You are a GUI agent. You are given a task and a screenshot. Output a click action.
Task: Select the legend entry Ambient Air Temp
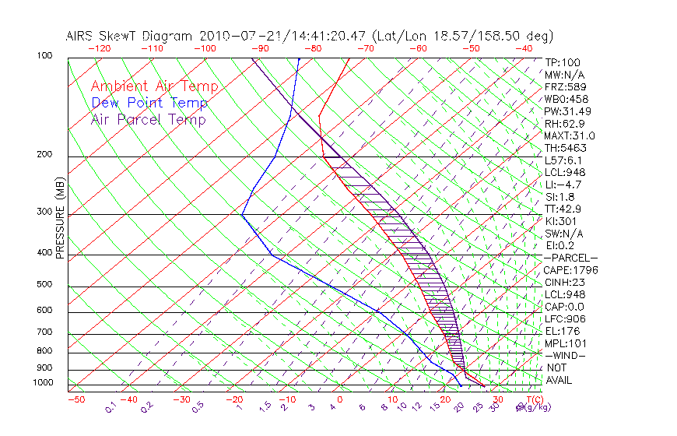point(154,86)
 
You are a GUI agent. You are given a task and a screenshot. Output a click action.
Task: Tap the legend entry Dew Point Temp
point(149,103)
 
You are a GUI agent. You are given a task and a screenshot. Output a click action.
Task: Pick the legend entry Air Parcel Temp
point(148,119)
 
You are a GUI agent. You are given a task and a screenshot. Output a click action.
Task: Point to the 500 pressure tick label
point(45,285)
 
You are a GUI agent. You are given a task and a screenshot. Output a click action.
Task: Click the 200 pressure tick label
point(45,155)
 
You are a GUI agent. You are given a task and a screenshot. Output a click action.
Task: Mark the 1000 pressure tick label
point(43,383)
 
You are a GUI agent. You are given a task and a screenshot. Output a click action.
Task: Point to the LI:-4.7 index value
point(563,185)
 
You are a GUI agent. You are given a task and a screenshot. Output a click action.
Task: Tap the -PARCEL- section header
point(570,258)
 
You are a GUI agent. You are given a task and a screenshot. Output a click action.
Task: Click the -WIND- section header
point(567,356)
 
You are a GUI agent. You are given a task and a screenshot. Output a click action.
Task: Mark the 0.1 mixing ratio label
point(110,406)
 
